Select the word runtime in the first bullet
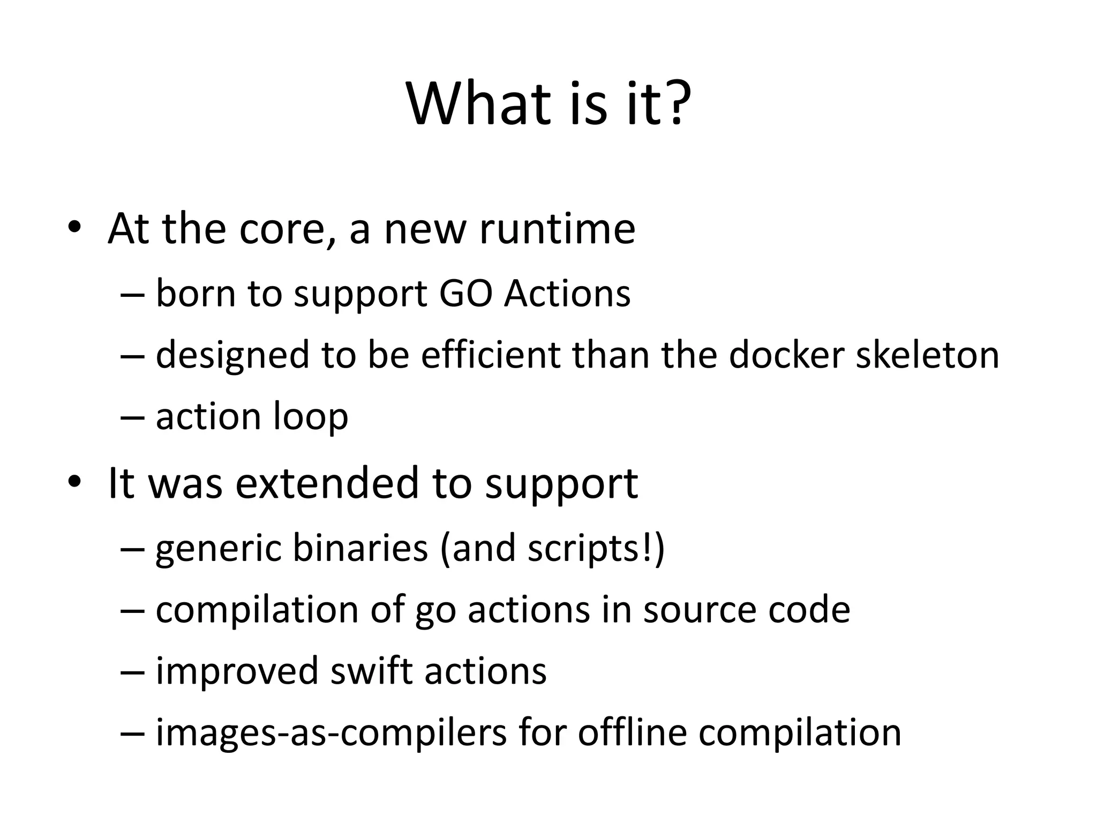[x=557, y=229]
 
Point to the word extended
[x=327, y=483]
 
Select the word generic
[x=219, y=549]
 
